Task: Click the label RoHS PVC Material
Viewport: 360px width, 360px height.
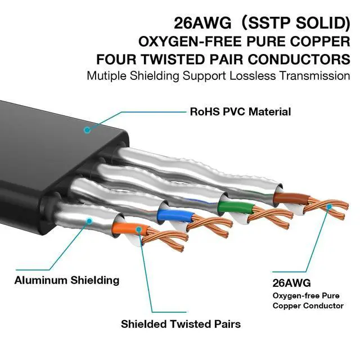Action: (x=240, y=112)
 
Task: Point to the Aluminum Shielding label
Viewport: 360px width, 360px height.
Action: (x=67, y=280)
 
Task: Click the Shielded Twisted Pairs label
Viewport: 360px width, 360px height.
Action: (x=181, y=324)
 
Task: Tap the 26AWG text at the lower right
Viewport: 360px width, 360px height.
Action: (x=291, y=283)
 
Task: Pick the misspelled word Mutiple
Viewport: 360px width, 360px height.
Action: (x=106, y=76)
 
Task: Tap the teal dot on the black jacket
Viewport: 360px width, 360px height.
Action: (x=87, y=129)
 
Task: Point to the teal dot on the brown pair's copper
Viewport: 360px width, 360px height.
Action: (x=330, y=207)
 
